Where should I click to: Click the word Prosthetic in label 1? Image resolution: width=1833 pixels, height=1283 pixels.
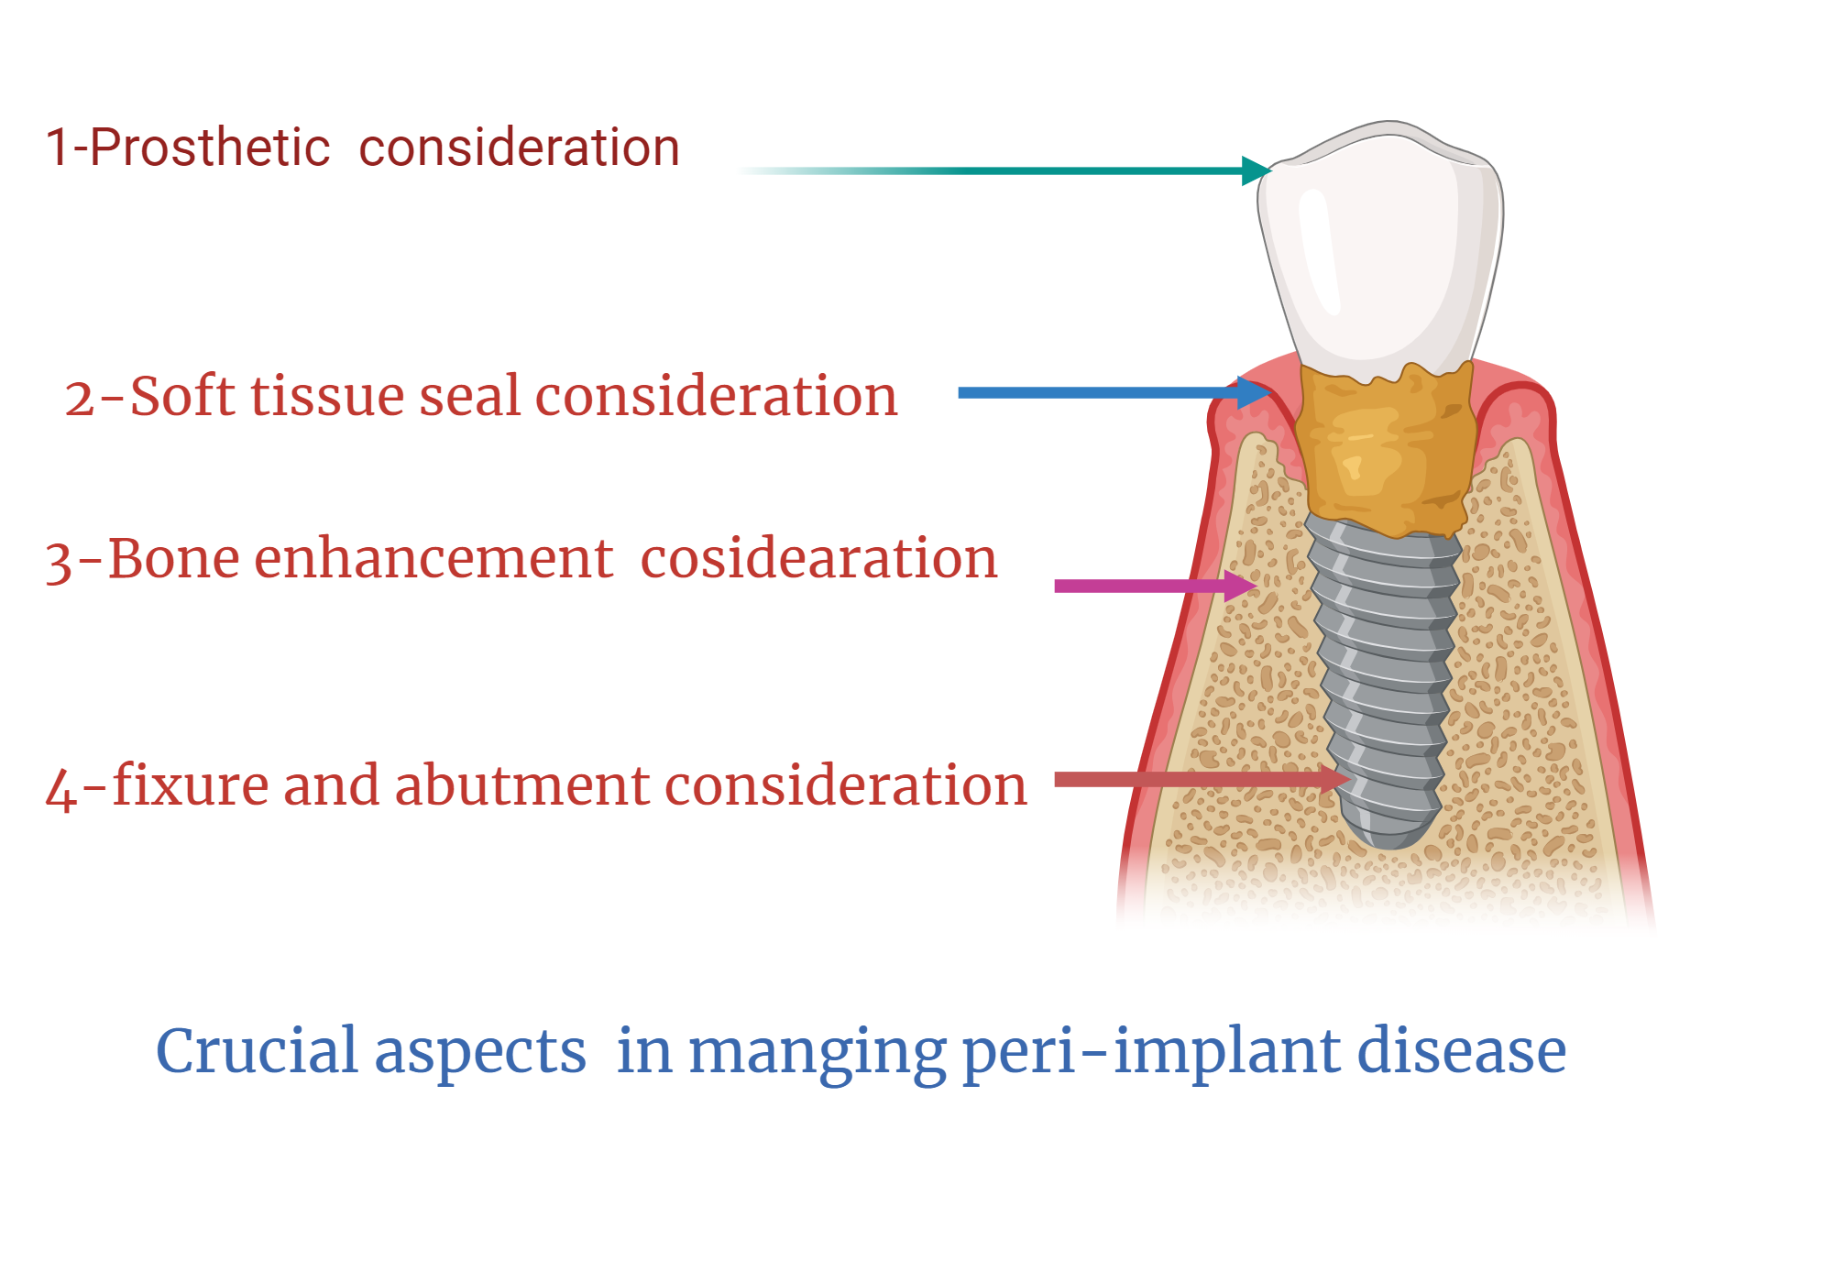[209, 148]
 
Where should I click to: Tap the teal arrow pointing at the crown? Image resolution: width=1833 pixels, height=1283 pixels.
[1004, 170]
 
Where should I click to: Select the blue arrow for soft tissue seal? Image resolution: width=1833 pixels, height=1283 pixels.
[1114, 392]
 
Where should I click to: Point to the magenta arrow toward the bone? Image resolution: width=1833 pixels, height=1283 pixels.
[1156, 586]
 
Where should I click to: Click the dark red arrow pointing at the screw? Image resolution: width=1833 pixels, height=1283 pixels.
[1202, 779]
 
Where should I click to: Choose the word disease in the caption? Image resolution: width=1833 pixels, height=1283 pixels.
[1462, 1050]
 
